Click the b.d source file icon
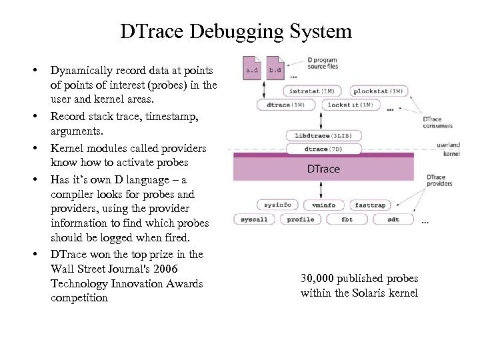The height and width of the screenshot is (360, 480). (275, 69)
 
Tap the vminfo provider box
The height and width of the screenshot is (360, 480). (323, 205)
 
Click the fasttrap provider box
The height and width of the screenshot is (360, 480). (369, 205)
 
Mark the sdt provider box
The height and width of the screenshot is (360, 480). (393, 219)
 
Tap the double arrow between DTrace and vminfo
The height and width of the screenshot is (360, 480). (323, 192)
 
